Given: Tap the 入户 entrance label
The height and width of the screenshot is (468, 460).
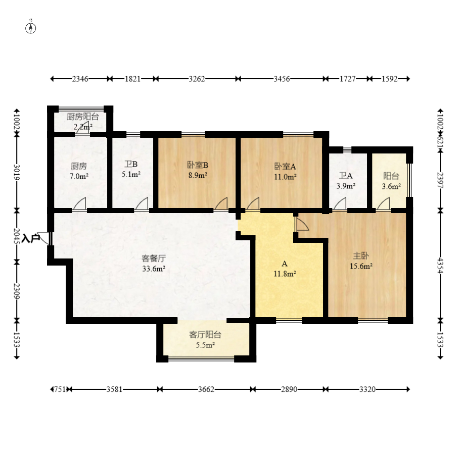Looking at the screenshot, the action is [31, 238].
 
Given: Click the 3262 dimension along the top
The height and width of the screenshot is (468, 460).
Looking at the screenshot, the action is [197, 79].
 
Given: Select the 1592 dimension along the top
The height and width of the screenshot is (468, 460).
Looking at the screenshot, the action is [389, 79].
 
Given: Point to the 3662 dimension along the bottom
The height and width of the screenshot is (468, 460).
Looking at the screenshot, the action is [206, 390].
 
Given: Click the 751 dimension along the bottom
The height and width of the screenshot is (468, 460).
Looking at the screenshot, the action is [60, 390].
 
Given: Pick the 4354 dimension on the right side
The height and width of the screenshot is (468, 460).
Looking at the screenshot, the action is [440, 265].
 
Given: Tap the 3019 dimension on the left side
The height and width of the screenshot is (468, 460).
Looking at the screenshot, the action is [17, 172].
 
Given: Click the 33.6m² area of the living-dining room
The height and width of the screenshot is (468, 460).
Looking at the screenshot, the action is [154, 269].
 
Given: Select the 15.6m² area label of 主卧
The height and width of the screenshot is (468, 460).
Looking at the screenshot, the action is [361, 266].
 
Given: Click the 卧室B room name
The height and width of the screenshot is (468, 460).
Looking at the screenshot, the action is [198, 165].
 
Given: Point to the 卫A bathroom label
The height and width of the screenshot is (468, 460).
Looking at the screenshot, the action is [346, 176].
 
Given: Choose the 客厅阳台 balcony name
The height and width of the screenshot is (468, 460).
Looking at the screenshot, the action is [205, 335].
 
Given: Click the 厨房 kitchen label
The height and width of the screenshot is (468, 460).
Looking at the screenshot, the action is [79, 166].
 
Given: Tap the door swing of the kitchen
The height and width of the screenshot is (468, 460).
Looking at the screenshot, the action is [79, 204].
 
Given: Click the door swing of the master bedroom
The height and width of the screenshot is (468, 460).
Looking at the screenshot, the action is [302, 224].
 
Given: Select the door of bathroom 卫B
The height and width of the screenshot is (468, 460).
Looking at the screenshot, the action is [142, 204].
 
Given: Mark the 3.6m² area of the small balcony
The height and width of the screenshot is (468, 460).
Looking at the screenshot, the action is [391, 186].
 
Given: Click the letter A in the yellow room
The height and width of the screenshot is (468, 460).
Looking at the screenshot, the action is [285, 264].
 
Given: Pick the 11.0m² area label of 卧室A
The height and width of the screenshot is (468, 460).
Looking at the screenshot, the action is [285, 177].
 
